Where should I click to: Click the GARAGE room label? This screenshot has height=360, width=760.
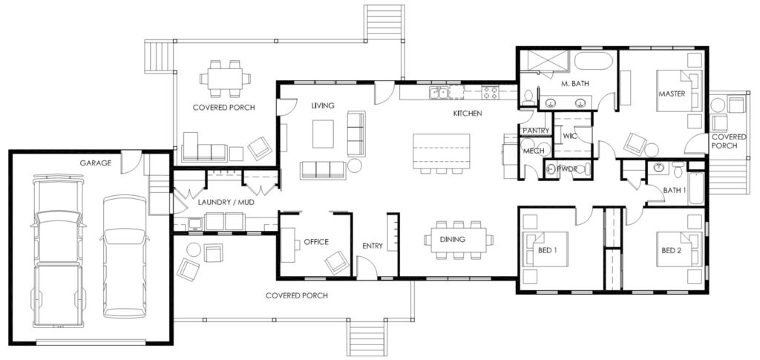pos(96,163)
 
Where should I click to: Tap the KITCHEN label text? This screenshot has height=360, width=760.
pos(468,114)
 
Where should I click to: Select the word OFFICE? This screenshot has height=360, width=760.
pos(316,242)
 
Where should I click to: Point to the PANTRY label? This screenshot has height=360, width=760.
pos(536,131)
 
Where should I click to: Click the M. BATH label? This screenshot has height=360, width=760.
pos(575,83)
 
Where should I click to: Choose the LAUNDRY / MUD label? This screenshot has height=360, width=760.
pos(226,202)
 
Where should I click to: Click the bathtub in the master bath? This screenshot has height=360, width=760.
pos(594,61)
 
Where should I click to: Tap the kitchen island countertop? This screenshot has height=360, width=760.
pos(441,151)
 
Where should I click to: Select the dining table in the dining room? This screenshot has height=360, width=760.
pos(459,240)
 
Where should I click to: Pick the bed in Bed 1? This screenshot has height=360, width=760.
pos(546,249)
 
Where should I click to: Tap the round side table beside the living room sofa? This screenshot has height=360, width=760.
pos(355,166)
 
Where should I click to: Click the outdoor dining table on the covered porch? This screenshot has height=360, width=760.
pos(226,79)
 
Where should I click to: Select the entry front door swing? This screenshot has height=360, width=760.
pos(367,268)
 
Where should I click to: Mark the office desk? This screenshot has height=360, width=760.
pos(289,245)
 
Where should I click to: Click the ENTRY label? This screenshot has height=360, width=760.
pos(373,246)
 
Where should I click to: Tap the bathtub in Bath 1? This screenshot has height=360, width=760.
pos(696,188)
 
